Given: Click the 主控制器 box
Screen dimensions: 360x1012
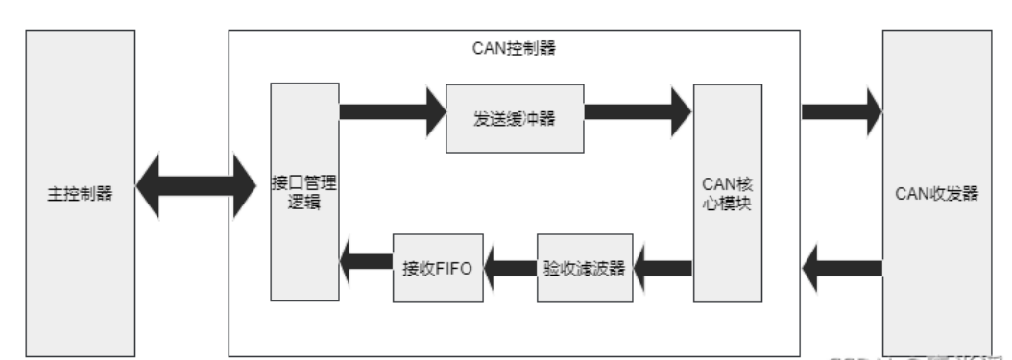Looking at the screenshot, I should pos(79,193).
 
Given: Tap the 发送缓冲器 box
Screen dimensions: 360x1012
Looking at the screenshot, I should pos(515,118).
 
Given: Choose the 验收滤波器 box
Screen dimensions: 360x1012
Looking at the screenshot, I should pos(585,268).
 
